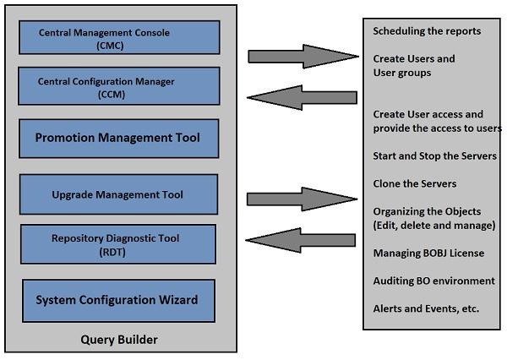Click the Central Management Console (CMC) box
pos(119,39)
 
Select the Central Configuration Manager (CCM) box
pos(119,88)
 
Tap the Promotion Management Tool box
pos(117,137)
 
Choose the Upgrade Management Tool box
pos(117,194)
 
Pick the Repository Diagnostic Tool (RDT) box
pos(117,245)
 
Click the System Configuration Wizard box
pos(117,299)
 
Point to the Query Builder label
pos(118,340)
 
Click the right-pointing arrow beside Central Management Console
pos(301,57)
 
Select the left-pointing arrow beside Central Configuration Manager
pos(301,94)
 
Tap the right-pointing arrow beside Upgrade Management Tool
pos(301,199)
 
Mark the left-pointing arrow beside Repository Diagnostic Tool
pos(301,237)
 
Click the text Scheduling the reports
pos(427,31)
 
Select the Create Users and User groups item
pos(414,66)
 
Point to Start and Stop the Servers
pos(434,156)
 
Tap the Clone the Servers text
pos(414,183)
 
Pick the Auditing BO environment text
pos(433,281)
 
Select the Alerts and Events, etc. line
pos(426,308)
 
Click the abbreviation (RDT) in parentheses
pos(117,251)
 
